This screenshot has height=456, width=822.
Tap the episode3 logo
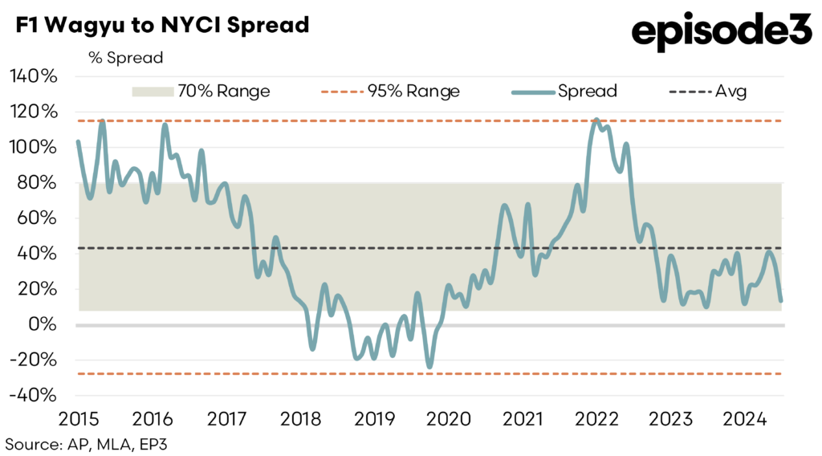click(x=722, y=32)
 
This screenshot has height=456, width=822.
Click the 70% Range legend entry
click(x=201, y=92)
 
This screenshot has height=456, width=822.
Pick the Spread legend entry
click(x=564, y=92)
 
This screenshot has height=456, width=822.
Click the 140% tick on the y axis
click(x=33, y=77)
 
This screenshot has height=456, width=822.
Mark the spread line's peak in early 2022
click(x=596, y=120)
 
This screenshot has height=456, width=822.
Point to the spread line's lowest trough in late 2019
click(x=430, y=367)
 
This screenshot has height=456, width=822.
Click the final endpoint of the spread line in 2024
click(x=781, y=301)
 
